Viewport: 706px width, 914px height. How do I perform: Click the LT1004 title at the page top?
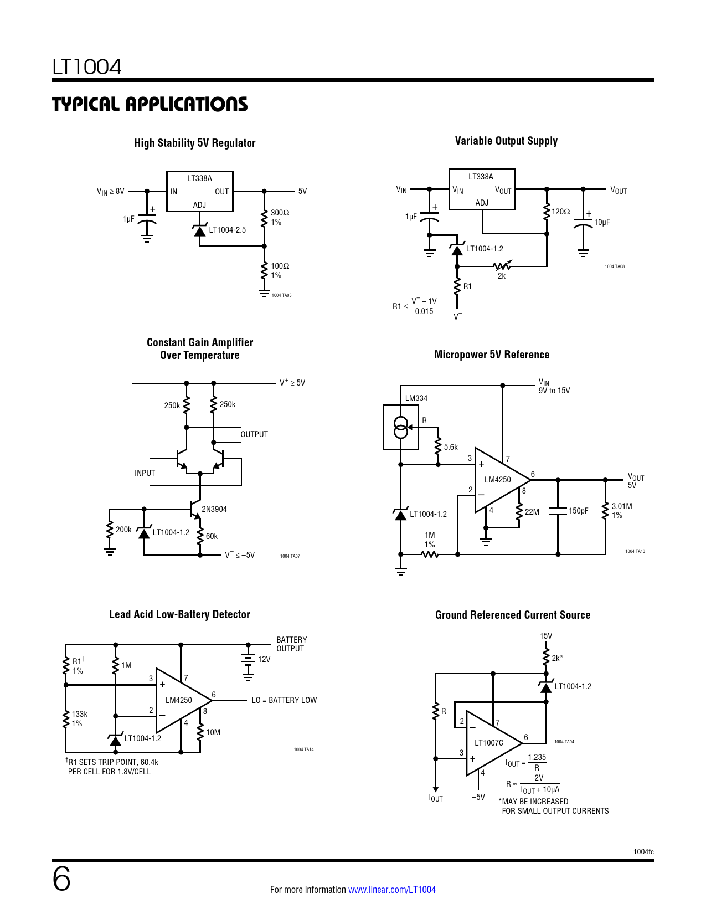point(87,67)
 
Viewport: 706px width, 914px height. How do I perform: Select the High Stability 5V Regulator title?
point(195,143)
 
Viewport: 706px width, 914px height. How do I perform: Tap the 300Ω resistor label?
point(280,213)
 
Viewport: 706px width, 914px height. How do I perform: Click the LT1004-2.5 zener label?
point(227,230)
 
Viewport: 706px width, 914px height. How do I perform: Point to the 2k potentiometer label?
point(502,276)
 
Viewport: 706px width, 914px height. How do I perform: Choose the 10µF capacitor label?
point(602,222)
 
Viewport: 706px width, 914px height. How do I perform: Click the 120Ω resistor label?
point(561,212)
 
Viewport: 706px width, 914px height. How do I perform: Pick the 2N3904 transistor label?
point(214,509)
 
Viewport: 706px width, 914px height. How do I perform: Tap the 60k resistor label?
point(212,536)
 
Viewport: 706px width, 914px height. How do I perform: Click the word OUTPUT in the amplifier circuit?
point(254,434)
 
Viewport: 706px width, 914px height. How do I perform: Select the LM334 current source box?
point(400,427)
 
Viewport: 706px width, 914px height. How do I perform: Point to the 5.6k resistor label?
point(451,447)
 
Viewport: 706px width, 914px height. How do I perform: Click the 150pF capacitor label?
point(579,511)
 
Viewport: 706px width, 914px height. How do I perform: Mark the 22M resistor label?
point(532,512)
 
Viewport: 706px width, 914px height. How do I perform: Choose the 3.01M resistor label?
point(621,506)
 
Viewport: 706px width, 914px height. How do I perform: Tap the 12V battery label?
point(264,659)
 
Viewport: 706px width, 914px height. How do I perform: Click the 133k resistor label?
point(80,714)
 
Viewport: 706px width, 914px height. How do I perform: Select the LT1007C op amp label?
point(489,743)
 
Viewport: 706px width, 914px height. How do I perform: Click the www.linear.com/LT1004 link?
point(392,890)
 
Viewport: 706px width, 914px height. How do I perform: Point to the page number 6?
point(61,880)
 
